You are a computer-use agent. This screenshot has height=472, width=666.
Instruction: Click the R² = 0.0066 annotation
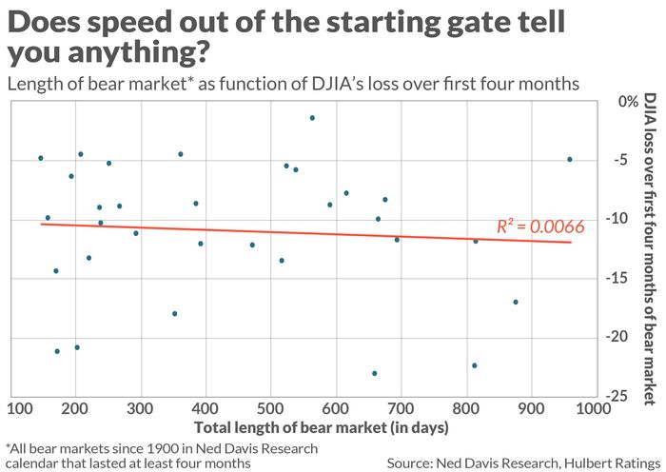click(540, 226)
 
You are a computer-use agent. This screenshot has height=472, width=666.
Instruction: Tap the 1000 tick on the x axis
click(595, 410)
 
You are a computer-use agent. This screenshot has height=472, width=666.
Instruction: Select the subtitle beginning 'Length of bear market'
click(292, 84)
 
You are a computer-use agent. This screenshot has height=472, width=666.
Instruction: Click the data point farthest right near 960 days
click(569, 159)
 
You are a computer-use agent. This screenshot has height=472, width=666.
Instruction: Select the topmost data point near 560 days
click(312, 118)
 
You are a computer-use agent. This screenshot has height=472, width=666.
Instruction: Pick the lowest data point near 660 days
click(374, 373)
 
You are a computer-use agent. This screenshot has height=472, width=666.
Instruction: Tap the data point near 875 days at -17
click(516, 302)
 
